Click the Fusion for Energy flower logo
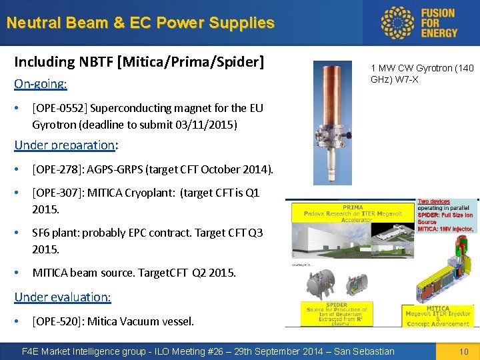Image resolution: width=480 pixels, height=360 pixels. pos(399,23)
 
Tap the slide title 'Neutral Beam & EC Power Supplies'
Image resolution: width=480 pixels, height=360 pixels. pos(140,23)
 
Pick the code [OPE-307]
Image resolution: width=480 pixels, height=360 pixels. pos(56,193)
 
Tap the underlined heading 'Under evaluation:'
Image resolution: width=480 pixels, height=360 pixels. pos(63,297)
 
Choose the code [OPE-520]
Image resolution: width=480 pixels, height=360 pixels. pos(56,321)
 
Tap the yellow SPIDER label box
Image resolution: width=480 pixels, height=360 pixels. pos(337,313)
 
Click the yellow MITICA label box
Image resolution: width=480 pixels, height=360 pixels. pos(438,315)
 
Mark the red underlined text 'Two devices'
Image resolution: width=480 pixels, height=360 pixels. pos(433,201)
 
